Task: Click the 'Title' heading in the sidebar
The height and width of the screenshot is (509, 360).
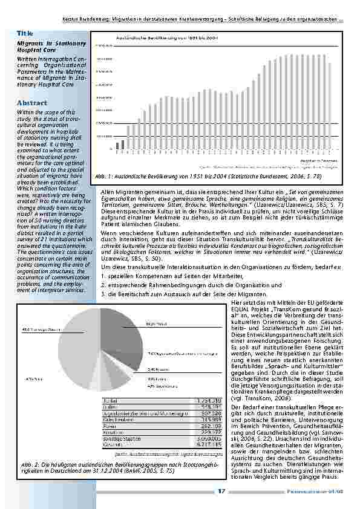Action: coord(25,33)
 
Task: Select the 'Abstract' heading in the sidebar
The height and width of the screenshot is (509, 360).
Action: coord(33,103)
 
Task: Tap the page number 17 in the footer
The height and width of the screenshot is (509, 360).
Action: coord(222,491)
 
